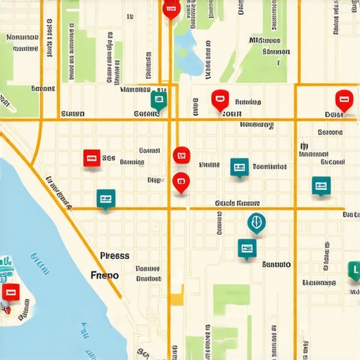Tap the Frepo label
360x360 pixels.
pyautogui.click(x=105, y=275)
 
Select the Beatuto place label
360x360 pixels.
pyautogui.click(x=276, y=265)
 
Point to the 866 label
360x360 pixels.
pyautogui.click(x=108, y=159)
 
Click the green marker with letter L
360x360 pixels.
pyautogui.click(x=354, y=269)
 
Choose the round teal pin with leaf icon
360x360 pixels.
pyautogui.click(x=257, y=223)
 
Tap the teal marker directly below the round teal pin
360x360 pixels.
pyautogui.click(x=247, y=247)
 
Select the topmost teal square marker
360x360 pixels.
pyautogui.click(x=159, y=101)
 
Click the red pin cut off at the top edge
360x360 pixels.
pyautogui.click(x=170, y=8)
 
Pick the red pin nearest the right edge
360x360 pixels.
pyautogui.click(x=343, y=100)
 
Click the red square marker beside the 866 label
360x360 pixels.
pyautogui.click(x=91, y=157)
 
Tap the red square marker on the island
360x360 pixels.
pyautogui.click(x=9, y=293)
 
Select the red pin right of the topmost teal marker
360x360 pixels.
pyautogui.click(x=219, y=100)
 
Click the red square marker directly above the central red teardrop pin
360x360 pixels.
pyautogui.click(x=181, y=155)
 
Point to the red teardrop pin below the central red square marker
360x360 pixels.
pyautogui.click(x=181, y=181)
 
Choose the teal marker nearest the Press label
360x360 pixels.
pyautogui.click(x=106, y=199)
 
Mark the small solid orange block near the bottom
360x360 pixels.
pyautogui.click(x=176, y=297)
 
